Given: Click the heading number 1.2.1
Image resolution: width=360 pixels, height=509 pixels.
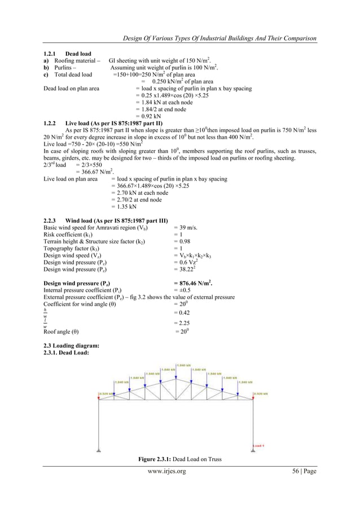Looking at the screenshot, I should click(x=51, y=54).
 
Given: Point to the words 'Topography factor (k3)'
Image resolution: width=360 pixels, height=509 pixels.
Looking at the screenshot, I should click(x=72, y=248).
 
